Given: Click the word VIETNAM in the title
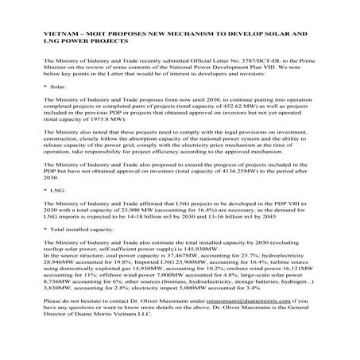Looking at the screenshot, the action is pos(60,37).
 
